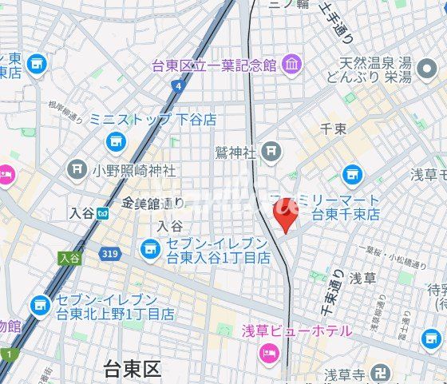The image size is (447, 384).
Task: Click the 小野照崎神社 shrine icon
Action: [x=77, y=169]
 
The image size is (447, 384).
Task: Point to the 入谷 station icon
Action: [x=103, y=213]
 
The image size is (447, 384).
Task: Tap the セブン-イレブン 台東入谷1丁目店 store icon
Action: [x=148, y=250]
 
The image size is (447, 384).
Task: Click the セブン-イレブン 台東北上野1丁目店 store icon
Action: [x=40, y=305]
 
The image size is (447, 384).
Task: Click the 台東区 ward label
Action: [x=133, y=370]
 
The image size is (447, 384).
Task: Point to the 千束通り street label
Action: [x=326, y=295]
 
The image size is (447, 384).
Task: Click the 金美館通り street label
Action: [x=153, y=204]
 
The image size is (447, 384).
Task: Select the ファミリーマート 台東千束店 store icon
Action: [x=352, y=174]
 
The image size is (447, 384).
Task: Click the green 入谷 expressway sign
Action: [x=70, y=258]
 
